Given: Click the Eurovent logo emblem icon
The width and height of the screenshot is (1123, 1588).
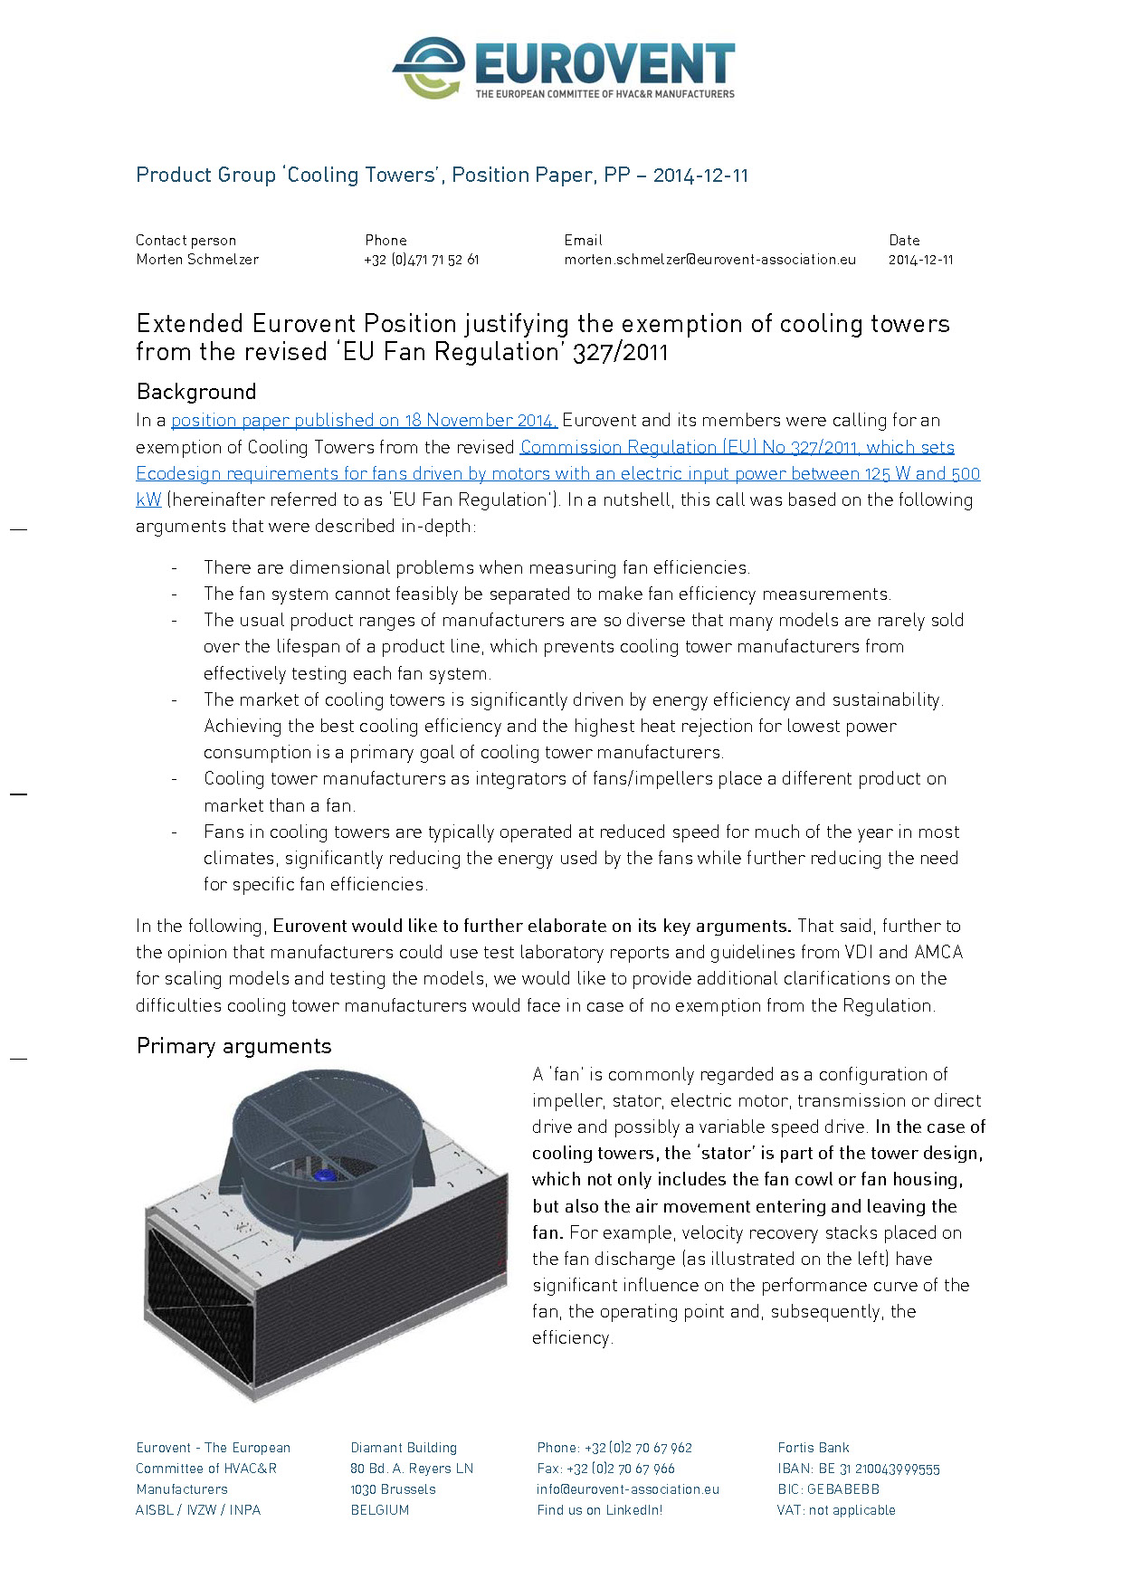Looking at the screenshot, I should (430, 68).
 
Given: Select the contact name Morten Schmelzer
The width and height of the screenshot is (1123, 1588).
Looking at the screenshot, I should (197, 260).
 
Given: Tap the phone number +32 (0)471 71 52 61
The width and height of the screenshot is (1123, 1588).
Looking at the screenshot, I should (422, 260).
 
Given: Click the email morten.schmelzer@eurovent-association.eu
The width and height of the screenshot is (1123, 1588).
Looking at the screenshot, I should (709, 260).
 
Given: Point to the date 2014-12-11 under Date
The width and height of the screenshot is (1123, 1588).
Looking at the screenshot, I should (920, 260).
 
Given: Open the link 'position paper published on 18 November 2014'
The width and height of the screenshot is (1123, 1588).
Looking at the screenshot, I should (364, 421).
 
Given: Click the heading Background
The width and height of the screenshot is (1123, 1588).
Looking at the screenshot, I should (196, 392).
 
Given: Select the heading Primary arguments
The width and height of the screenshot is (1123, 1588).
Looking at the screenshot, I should (233, 1046).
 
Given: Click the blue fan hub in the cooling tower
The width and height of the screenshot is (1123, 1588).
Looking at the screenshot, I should (323, 1174).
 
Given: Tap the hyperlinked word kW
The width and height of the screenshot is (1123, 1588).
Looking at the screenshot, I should (148, 500).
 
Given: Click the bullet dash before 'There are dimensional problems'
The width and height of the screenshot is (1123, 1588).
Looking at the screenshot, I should (174, 568).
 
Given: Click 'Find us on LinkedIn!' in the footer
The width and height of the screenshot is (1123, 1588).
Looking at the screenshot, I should (599, 1510).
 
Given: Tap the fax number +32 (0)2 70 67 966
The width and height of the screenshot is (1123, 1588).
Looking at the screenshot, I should (630, 1469).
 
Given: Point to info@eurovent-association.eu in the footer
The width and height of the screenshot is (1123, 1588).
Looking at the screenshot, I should (627, 1489).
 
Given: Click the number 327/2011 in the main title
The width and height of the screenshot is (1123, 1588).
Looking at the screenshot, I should (621, 352).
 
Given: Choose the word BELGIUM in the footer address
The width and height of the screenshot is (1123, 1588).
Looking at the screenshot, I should (380, 1510).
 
